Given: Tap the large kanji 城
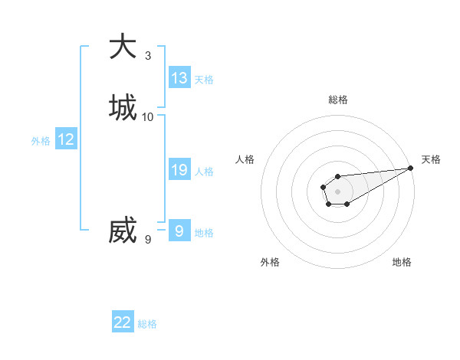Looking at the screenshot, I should pos(123,107).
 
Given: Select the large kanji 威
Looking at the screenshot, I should pos(123,230).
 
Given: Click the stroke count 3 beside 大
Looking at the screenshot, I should pos(148,55).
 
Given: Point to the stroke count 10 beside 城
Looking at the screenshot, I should pos(148,117).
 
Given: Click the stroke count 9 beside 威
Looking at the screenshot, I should pos(148,240).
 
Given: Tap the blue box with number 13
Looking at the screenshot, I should pos(179,77).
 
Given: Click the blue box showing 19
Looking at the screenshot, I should pos(179,170).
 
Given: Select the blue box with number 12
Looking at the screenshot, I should pos(66,139).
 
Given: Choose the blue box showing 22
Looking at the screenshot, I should pos(123,322).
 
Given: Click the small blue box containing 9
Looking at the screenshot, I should pos(179,231).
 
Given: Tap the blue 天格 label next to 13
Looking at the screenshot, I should pos(204,80).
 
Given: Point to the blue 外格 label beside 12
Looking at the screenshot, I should pos(41,142).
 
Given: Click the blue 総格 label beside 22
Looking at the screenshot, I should pos(147,325).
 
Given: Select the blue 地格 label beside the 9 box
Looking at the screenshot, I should pos(204,233).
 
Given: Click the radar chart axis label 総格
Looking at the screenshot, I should pos(338,100).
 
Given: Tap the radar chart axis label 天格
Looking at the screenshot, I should pos(431,159).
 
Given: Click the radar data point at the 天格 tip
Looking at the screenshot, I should pos(410,168).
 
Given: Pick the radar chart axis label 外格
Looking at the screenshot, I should pos(270,262).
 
